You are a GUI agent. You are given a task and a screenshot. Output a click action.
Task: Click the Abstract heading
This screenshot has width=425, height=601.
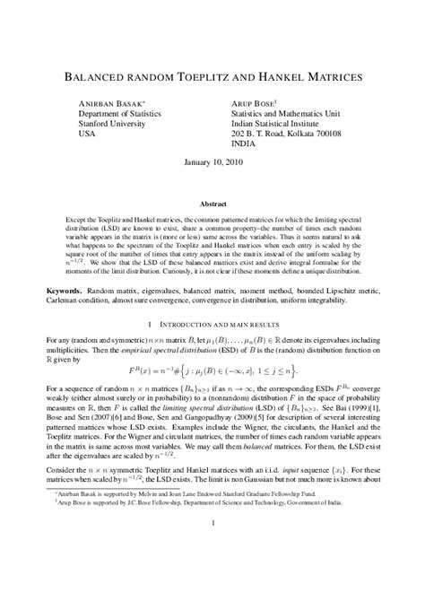212,205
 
